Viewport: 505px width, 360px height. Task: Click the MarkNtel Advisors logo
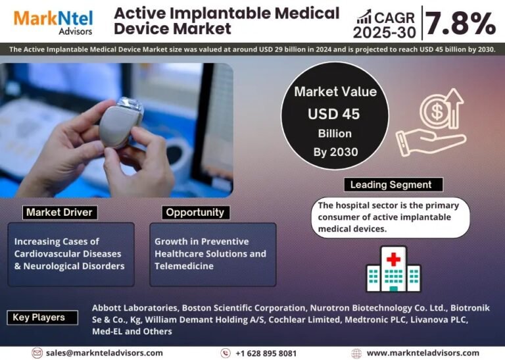click(53, 22)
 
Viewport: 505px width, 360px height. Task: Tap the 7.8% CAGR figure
click(460, 23)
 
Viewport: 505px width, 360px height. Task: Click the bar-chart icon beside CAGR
click(364, 17)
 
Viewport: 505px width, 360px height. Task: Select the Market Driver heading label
click(60, 213)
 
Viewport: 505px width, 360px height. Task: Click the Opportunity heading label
click(195, 213)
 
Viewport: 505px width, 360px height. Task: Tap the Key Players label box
click(42, 317)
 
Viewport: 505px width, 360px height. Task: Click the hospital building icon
click(393, 269)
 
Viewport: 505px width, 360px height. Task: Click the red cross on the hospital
click(393, 259)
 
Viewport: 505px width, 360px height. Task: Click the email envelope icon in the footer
click(37, 353)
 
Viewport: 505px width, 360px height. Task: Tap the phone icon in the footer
click(226, 353)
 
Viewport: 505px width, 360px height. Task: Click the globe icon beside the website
click(356, 353)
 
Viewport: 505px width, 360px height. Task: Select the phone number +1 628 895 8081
click(266, 353)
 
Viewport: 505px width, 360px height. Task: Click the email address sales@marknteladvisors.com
click(105, 353)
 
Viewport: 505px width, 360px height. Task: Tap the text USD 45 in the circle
click(333, 114)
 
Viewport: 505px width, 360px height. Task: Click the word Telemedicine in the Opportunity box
click(184, 266)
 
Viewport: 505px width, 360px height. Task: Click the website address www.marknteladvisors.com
click(423, 353)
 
